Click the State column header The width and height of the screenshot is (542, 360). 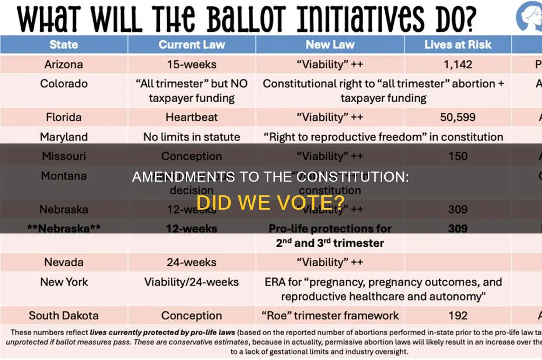tap(64, 44)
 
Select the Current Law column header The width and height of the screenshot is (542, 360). tap(192, 44)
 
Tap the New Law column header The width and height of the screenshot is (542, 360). tap(330, 44)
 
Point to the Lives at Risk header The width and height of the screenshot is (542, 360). tap(458, 44)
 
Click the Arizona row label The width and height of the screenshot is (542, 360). tap(64, 65)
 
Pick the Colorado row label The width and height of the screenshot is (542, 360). tap(64, 84)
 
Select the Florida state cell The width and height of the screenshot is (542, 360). tap(64, 117)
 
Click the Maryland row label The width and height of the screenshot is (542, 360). tap(64, 137)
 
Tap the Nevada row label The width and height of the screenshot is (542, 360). tap(64, 262)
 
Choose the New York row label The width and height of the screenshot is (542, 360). tap(64, 282)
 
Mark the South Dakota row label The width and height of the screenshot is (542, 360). tap(64, 316)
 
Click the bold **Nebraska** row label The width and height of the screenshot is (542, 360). tap(64, 229)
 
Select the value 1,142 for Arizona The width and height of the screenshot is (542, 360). tap(458, 65)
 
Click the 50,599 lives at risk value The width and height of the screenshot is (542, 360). tap(458, 117)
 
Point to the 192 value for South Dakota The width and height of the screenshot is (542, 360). tap(458, 316)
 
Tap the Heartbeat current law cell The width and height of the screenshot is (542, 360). tap(192, 117)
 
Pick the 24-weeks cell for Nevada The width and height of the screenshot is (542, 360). tap(192, 262)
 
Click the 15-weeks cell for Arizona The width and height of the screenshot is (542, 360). tap(192, 65)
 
